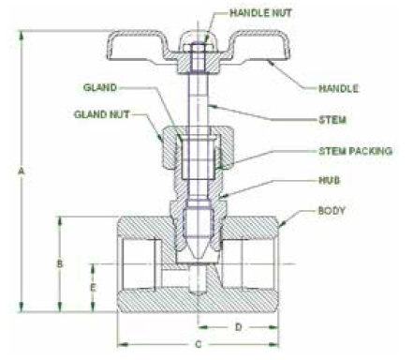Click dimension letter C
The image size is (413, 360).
(x=198, y=344)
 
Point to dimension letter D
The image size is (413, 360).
(x=238, y=327)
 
